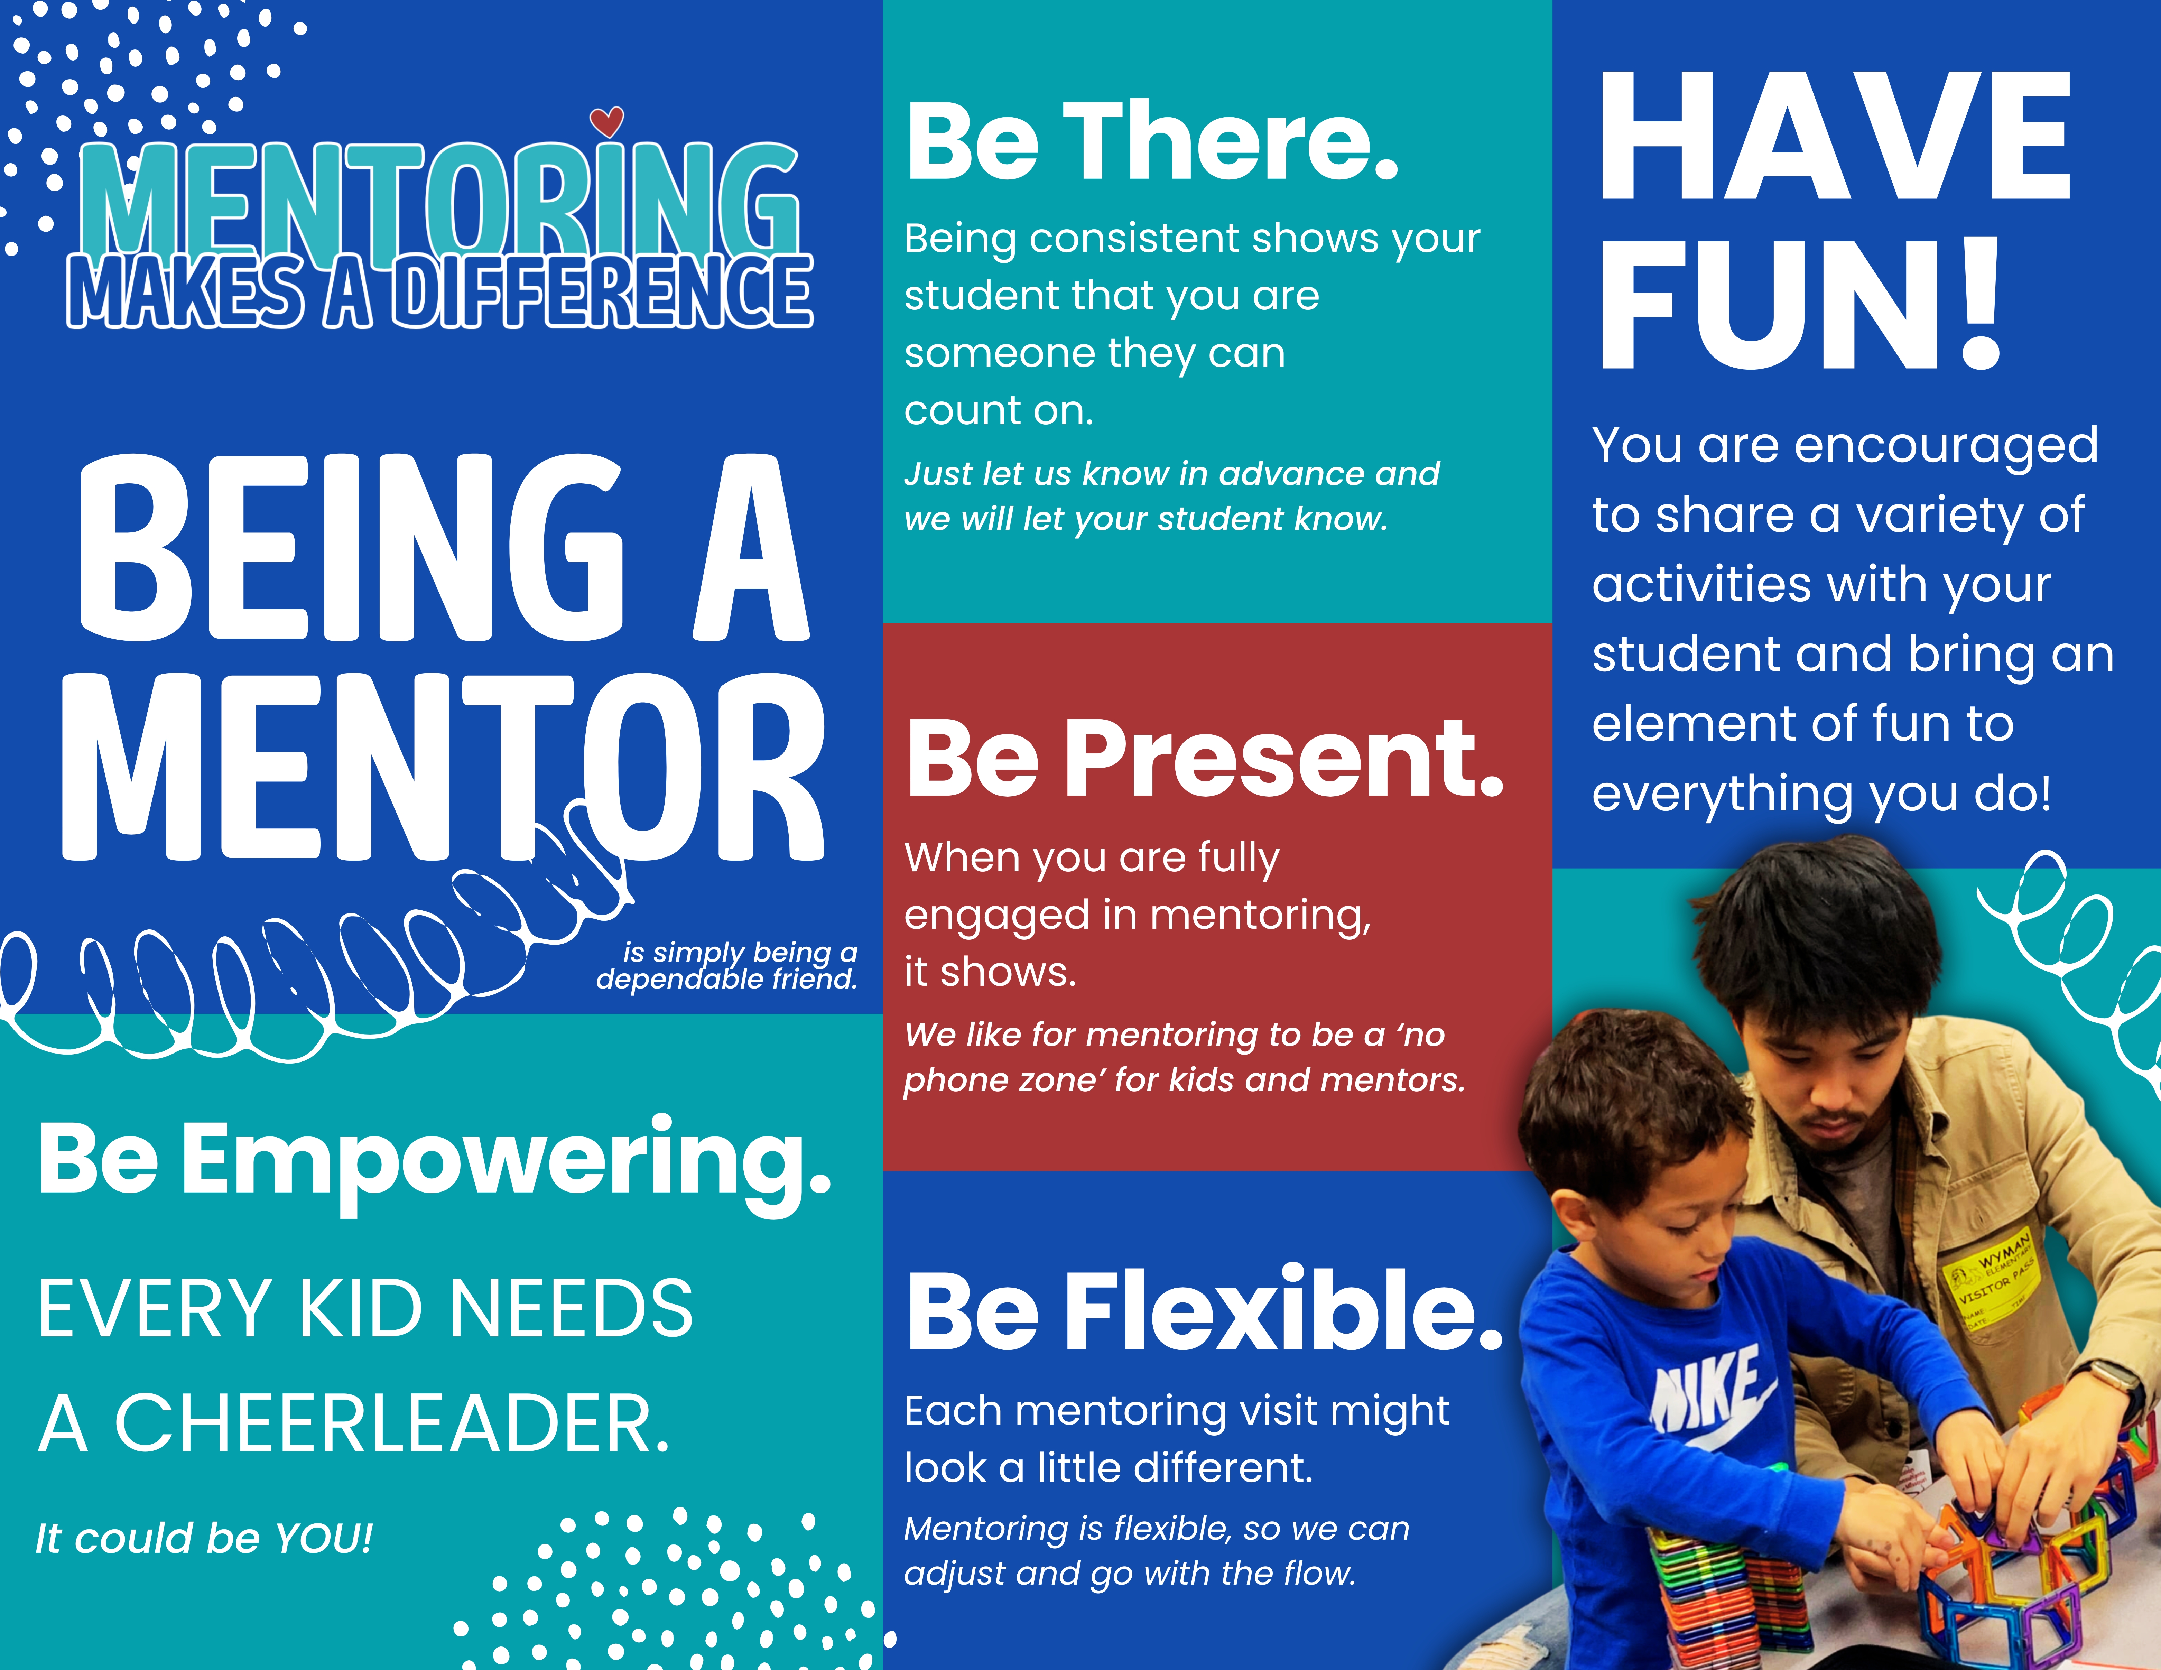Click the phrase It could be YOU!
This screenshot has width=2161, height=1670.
[204, 1538]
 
